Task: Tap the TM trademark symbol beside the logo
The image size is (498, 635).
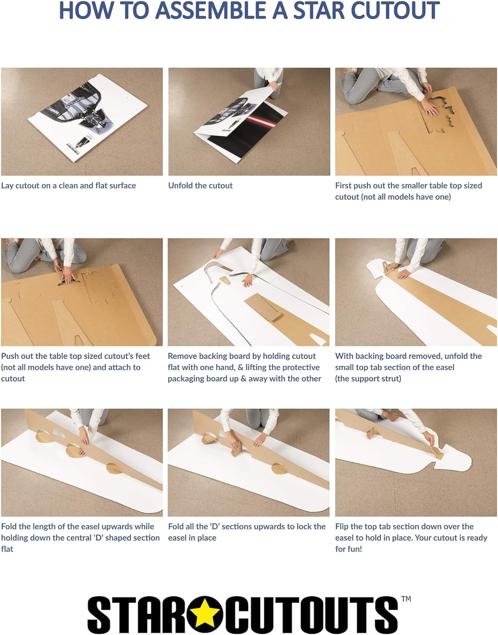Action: pos(406,599)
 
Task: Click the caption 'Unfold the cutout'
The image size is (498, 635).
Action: pos(201,185)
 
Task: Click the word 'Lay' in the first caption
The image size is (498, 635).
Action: pos(7,186)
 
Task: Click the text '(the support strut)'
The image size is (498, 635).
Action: pos(368,379)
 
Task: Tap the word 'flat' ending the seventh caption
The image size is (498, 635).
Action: pos(7,549)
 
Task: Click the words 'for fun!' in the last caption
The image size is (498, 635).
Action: pos(349,549)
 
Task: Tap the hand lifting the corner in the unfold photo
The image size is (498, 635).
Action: pos(274,87)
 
